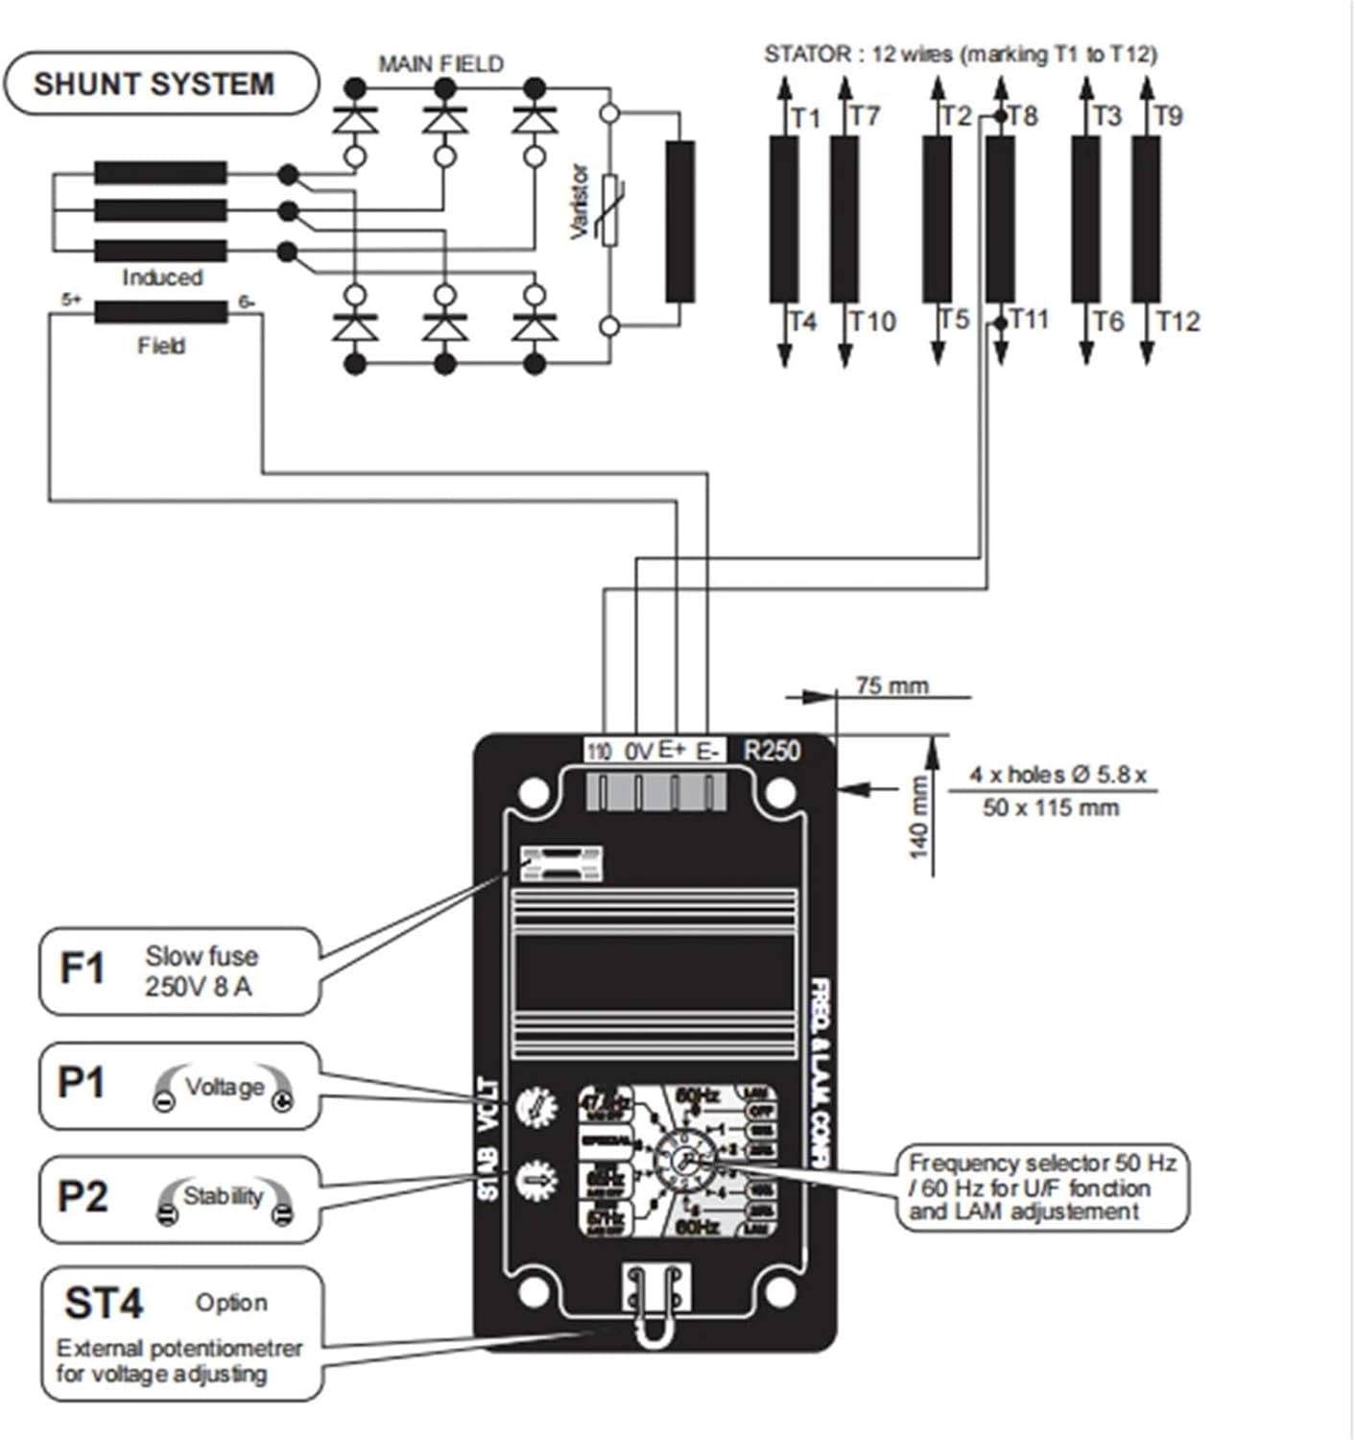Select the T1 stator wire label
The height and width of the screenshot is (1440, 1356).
(806, 117)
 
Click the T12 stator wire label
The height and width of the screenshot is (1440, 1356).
(1178, 321)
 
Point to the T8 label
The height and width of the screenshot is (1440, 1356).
(1023, 116)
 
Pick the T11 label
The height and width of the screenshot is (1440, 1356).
(1029, 318)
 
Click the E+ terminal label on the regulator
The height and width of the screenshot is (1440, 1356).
(673, 750)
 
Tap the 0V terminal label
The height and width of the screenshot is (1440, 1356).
(638, 751)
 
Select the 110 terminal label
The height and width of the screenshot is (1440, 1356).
(599, 751)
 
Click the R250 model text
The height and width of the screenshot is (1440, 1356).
(772, 750)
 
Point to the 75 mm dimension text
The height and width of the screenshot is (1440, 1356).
(892, 685)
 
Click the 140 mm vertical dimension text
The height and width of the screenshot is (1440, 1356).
(918, 817)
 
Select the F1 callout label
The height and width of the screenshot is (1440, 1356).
(82, 969)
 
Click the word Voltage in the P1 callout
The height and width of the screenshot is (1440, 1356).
(224, 1087)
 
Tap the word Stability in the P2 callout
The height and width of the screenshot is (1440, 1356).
(223, 1196)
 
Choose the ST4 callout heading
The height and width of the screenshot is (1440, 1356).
(104, 1303)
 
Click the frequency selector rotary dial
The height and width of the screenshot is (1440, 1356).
(684, 1162)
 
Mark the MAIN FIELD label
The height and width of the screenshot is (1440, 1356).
(440, 64)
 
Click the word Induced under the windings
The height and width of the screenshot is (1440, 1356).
(162, 277)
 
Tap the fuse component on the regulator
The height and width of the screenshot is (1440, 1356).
(560, 864)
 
